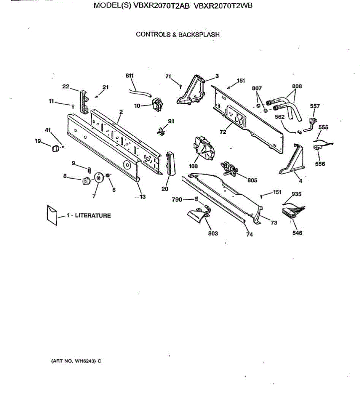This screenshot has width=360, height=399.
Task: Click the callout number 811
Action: pyautogui.click(x=129, y=75)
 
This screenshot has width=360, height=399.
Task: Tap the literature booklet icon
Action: pyautogui.click(x=51, y=215)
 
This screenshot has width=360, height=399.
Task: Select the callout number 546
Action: pyautogui.click(x=297, y=233)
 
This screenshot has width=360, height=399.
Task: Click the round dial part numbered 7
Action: pyautogui.click(x=98, y=178)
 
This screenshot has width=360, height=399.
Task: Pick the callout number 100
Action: pyautogui.click(x=193, y=166)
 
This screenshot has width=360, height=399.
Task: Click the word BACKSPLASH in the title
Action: pyautogui.click(x=199, y=34)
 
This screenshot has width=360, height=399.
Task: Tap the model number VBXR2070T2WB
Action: pyautogui.click(x=223, y=6)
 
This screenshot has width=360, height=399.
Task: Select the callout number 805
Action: pyautogui.click(x=252, y=180)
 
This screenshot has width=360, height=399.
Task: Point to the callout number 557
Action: pyautogui.click(x=314, y=106)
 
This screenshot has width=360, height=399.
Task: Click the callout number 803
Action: pyautogui.click(x=213, y=233)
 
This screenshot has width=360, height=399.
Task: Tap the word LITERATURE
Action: pyautogui.click(x=93, y=215)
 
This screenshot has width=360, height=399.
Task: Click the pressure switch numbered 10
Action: pyautogui.click(x=157, y=105)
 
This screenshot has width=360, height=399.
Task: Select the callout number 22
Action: pyautogui.click(x=66, y=86)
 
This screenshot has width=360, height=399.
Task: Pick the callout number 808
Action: pyautogui.click(x=297, y=86)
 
